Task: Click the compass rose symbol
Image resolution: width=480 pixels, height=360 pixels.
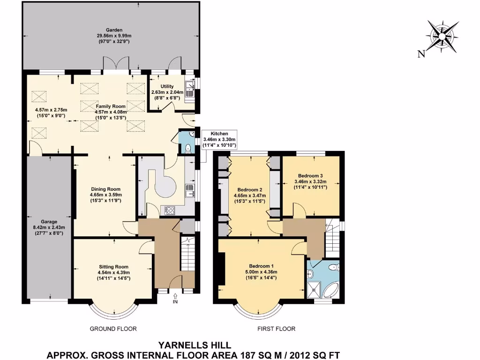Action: point(442,36)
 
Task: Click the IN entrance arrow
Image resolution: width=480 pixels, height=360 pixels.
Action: point(175,298)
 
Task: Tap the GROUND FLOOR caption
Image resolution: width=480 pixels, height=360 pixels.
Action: point(113,329)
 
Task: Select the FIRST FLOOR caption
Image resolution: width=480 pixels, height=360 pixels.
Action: point(277,329)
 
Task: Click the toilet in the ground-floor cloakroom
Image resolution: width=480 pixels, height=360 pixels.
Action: point(187,148)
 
